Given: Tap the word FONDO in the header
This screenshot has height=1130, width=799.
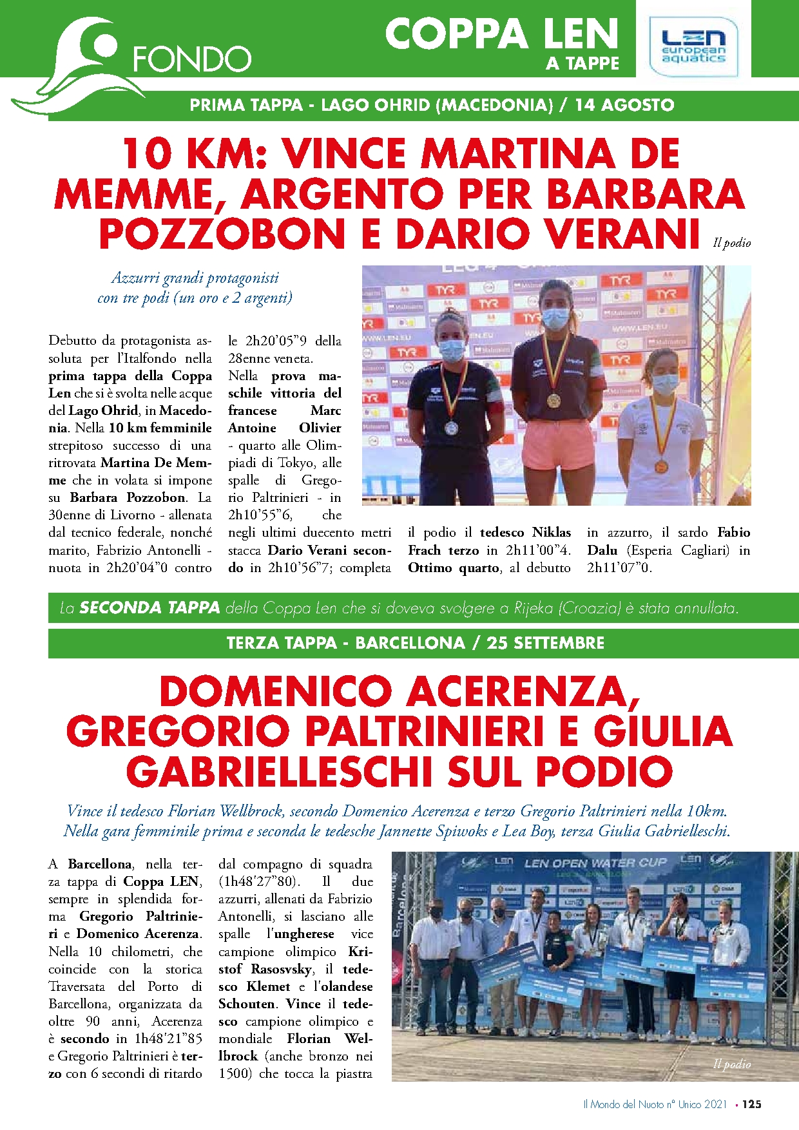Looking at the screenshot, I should (x=191, y=60).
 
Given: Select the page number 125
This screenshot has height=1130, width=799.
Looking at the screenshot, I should (x=751, y=1104).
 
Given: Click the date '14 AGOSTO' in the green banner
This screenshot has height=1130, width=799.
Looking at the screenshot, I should (x=624, y=105).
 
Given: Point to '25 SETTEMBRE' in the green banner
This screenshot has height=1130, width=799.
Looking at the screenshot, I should (x=545, y=643).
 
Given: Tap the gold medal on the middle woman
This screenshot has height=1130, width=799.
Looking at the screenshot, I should (x=553, y=400).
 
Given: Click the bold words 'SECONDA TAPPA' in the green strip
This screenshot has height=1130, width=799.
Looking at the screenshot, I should (x=149, y=608).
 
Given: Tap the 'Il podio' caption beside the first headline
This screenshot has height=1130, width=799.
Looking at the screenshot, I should (x=732, y=243).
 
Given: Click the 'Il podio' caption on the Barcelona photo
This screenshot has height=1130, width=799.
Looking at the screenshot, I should (x=732, y=1064).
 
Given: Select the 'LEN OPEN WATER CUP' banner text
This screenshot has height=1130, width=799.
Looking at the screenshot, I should (x=595, y=863).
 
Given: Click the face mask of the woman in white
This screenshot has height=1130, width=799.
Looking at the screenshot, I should (x=665, y=383).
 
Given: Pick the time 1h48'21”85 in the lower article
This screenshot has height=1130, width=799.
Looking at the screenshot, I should (x=168, y=1039).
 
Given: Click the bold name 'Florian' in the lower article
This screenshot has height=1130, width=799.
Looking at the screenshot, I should (x=309, y=1039).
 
